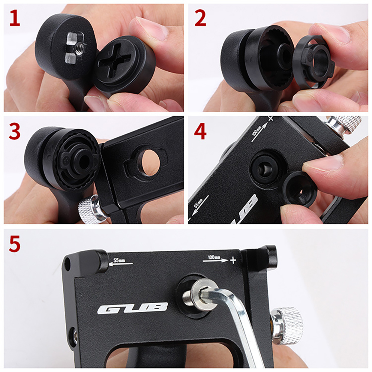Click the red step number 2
(x=200, y=18)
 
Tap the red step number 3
(x=14, y=132)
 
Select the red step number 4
(x=200, y=132)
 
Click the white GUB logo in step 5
(x=133, y=308)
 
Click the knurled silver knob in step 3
(x=89, y=210)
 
